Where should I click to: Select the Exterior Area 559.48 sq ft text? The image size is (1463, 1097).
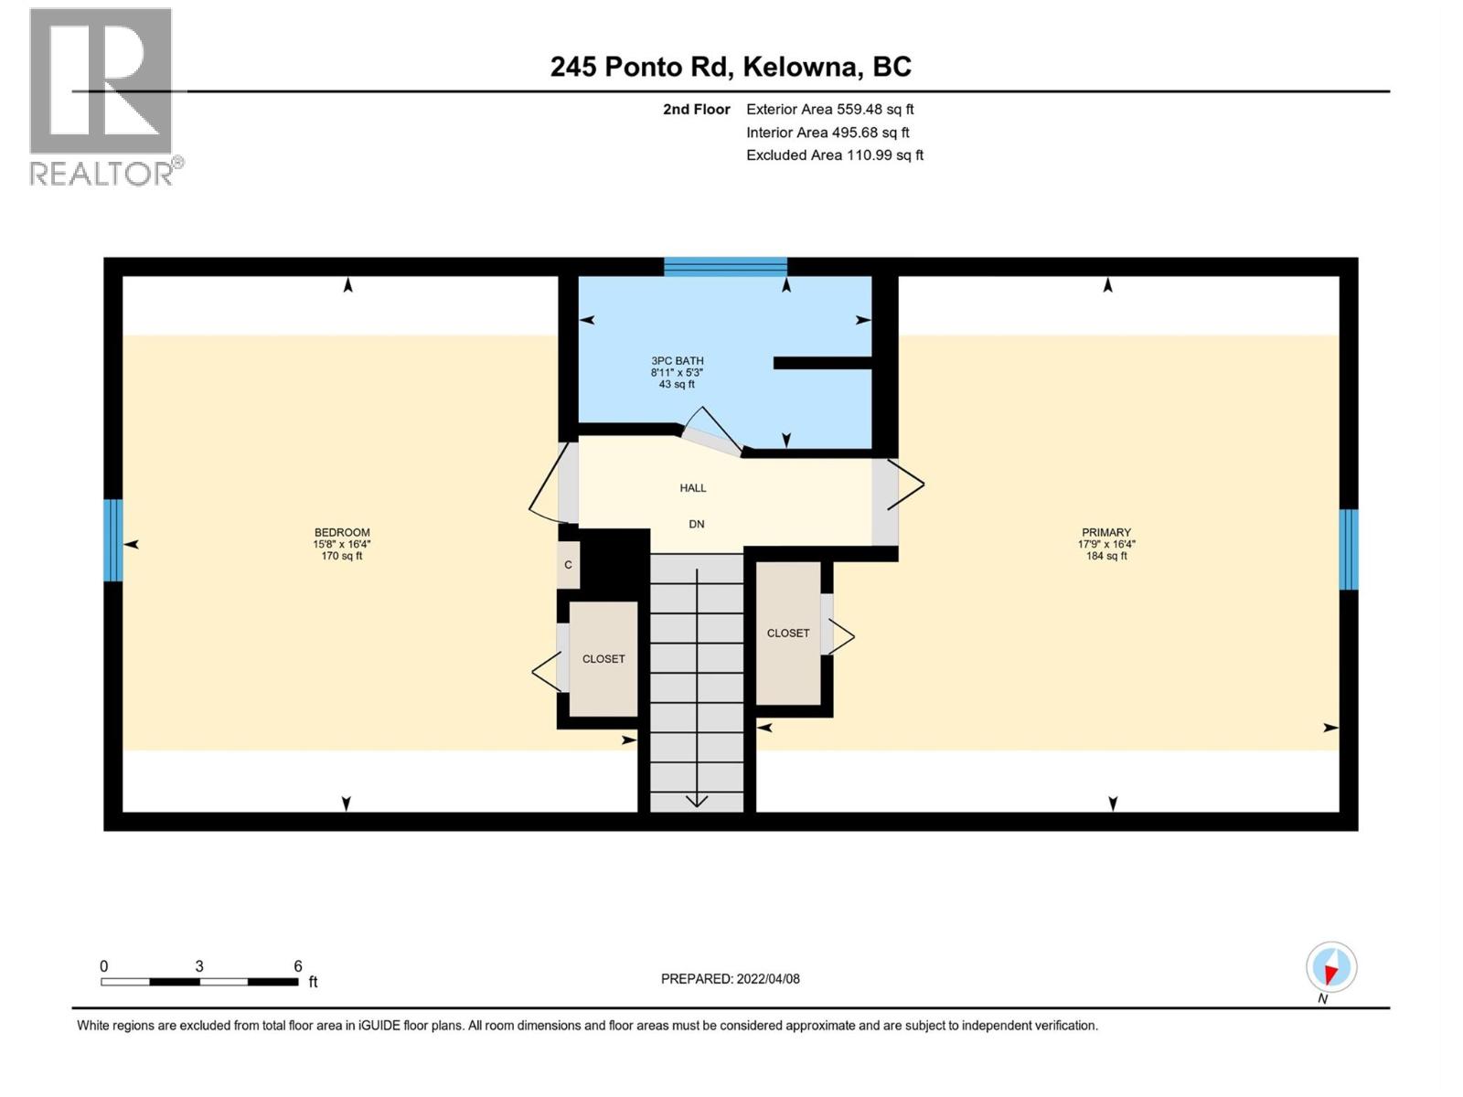(829, 109)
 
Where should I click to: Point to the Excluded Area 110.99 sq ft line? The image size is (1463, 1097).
(834, 155)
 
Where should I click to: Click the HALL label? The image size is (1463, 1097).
(692, 488)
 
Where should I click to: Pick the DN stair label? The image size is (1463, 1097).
(696, 525)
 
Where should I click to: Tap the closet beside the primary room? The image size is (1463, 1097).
(787, 633)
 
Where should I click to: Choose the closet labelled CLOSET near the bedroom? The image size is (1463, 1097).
(603, 658)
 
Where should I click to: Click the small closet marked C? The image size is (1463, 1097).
(568, 565)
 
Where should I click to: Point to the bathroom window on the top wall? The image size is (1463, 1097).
(725, 267)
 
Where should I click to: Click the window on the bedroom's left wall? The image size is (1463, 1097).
(112, 539)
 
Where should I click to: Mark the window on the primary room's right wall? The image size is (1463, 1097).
(1348, 548)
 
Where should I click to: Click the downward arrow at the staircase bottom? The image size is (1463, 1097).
(697, 800)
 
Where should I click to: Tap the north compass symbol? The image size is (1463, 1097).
(1330, 968)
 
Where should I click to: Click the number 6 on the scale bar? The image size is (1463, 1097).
(298, 966)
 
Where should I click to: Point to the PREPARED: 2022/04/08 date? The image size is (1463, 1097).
(730, 979)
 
